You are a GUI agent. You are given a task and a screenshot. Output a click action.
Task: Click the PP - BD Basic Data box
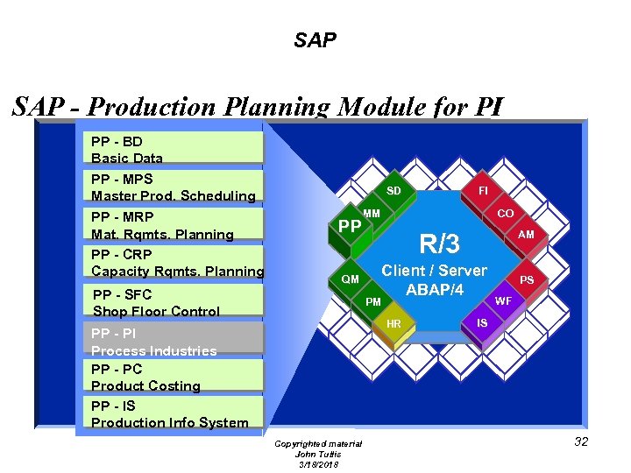[175, 149]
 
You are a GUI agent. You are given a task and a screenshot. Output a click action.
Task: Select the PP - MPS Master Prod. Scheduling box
[175, 187]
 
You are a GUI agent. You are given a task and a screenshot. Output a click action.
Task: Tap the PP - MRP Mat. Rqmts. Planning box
[175, 225]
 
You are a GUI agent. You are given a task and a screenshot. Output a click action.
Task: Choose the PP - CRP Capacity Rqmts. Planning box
[175, 263]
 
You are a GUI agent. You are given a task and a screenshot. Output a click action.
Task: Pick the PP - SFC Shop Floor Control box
[175, 302]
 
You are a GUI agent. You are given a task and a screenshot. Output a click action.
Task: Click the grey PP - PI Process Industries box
[175, 341]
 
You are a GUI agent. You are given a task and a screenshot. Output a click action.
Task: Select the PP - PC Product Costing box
[175, 378]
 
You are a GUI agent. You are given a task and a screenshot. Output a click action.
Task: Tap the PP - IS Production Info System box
[175, 414]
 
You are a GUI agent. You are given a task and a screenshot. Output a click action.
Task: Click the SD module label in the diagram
[393, 191]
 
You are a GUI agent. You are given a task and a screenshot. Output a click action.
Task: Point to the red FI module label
[483, 190]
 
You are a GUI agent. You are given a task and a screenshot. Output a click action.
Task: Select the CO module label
[506, 213]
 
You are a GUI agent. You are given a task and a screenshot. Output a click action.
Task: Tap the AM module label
[526, 235]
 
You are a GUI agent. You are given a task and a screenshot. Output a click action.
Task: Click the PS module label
[527, 280]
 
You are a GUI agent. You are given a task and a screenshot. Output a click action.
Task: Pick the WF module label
[503, 300]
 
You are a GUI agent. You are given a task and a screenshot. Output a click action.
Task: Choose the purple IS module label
[482, 323]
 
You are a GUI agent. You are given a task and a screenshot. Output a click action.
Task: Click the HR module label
[393, 324]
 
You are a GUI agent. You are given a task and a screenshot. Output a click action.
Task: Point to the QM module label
[350, 279]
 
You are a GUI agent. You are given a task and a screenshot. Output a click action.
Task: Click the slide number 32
[581, 441]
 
